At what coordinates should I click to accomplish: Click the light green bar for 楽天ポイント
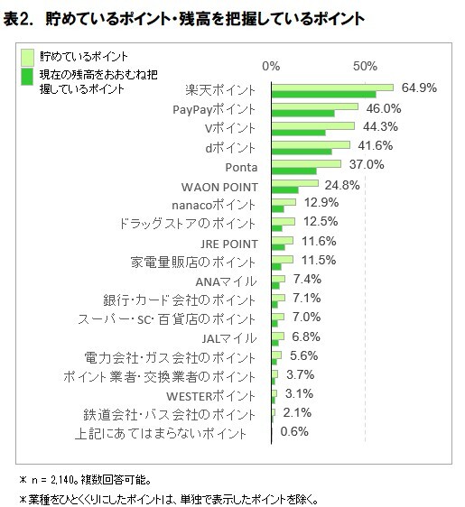point(332,88)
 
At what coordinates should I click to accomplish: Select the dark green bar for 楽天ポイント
point(323,94)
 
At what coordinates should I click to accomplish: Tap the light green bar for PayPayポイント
point(315,106)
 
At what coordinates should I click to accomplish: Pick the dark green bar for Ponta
point(293,171)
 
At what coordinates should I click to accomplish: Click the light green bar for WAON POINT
point(294,183)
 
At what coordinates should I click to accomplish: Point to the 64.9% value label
point(419,88)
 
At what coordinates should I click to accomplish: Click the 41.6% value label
point(375,145)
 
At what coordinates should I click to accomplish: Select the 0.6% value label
point(294,431)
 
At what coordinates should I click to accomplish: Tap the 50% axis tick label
point(365,66)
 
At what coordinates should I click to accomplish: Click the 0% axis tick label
point(271,66)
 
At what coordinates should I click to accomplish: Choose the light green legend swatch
point(27,57)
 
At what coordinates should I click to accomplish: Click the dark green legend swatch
point(27,77)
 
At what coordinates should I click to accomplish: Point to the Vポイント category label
point(230,128)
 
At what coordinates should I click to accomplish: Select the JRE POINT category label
point(229,244)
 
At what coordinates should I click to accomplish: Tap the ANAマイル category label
point(226,281)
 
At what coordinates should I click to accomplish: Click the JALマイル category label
point(229,338)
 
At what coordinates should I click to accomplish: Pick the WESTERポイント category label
point(210,396)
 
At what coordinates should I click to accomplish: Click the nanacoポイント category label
point(214,205)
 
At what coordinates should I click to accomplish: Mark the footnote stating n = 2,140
point(86,480)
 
